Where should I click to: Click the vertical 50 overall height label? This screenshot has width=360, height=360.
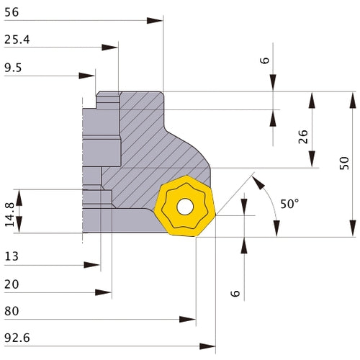point(344,163)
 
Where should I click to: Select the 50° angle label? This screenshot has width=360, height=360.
point(289,204)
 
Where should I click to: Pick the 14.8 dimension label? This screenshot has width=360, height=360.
point(9,213)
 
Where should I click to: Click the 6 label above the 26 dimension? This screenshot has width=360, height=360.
point(264,60)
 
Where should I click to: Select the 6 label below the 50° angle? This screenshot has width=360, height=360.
point(236,293)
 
